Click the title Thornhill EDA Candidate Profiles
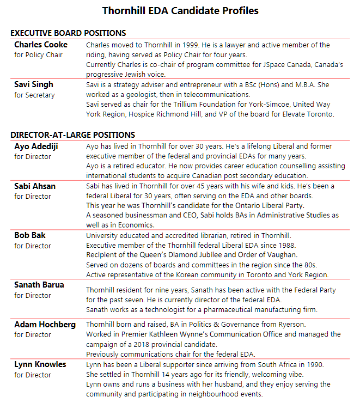[180, 10]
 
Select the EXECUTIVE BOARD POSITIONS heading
[68, 33]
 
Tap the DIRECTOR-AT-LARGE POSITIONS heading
[72, 135]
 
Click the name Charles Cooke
[41, 45]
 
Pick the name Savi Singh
[34, 85]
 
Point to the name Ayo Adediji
[36, 146]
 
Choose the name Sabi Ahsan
[35, 186]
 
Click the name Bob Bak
[30, 235]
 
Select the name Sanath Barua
[39, 285]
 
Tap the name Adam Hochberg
[45, 325]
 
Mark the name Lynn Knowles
[40, 364]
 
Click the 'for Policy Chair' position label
[38, 55]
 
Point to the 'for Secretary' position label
[34, 95]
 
